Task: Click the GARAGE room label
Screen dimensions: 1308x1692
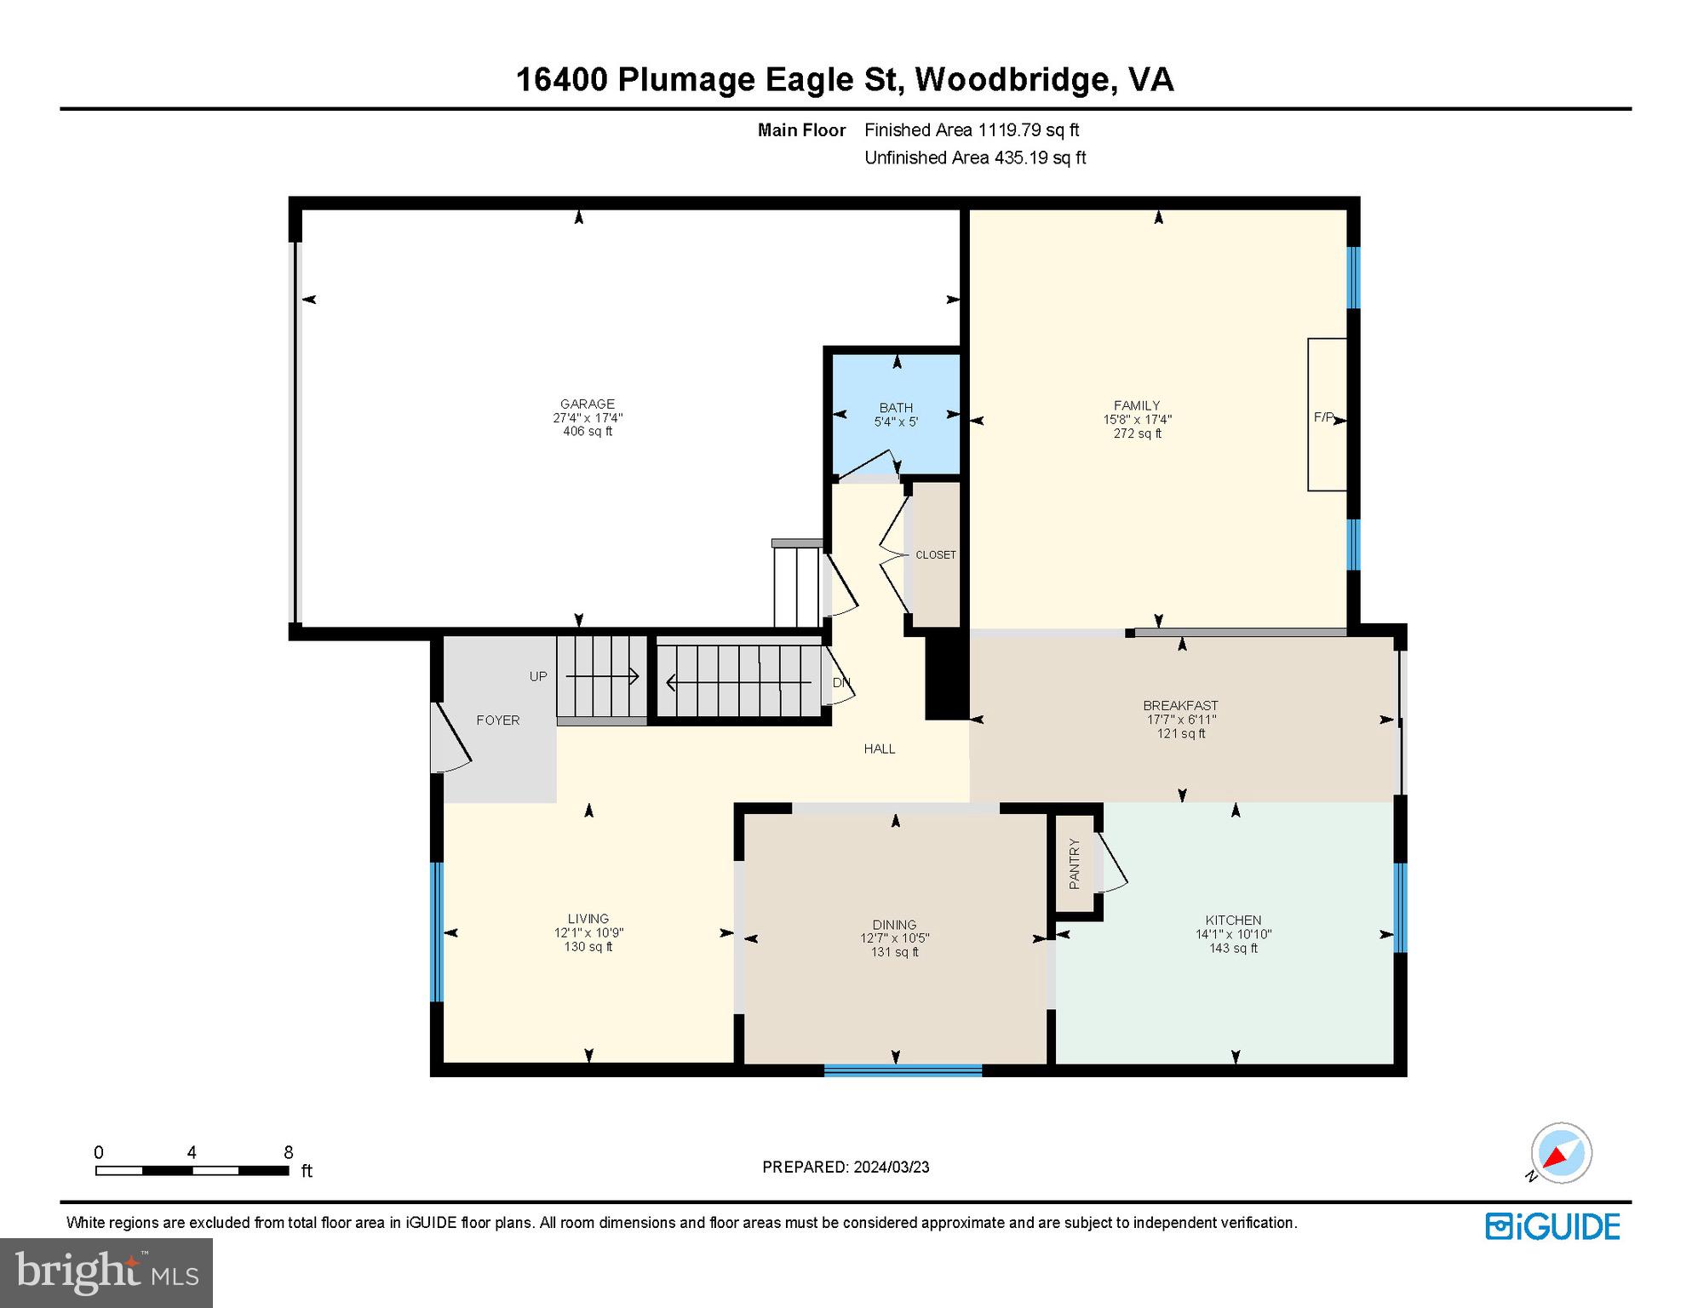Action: (588, 404)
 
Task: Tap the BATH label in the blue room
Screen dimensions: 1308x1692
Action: (896, 408)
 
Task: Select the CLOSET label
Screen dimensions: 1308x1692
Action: (936, 555)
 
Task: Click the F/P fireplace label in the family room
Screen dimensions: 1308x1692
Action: (1323, 417)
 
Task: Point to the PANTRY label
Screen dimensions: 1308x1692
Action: (1075, 864)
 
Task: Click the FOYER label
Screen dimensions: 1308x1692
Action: (498, 720)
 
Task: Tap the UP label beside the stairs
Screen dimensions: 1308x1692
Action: (538, 677)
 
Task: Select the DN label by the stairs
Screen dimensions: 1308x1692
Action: (840, 683)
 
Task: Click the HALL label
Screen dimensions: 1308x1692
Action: (880, 749)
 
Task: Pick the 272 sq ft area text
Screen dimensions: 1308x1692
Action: (1137, 433)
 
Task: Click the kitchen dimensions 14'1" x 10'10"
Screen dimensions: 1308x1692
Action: (1233, 934)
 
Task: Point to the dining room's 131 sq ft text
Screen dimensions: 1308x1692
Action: (894, 952)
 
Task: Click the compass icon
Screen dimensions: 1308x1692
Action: (1560, 1153)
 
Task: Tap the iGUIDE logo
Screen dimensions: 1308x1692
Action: (1552, 1227)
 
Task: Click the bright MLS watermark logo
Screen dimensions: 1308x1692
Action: (106, 1272)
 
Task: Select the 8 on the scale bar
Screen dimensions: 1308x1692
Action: (289, 1152)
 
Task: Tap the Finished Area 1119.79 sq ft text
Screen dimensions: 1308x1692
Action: (971, 130)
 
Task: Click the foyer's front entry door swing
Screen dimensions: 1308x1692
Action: (451, 737)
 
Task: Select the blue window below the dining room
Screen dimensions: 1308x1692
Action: (903, 1070)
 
